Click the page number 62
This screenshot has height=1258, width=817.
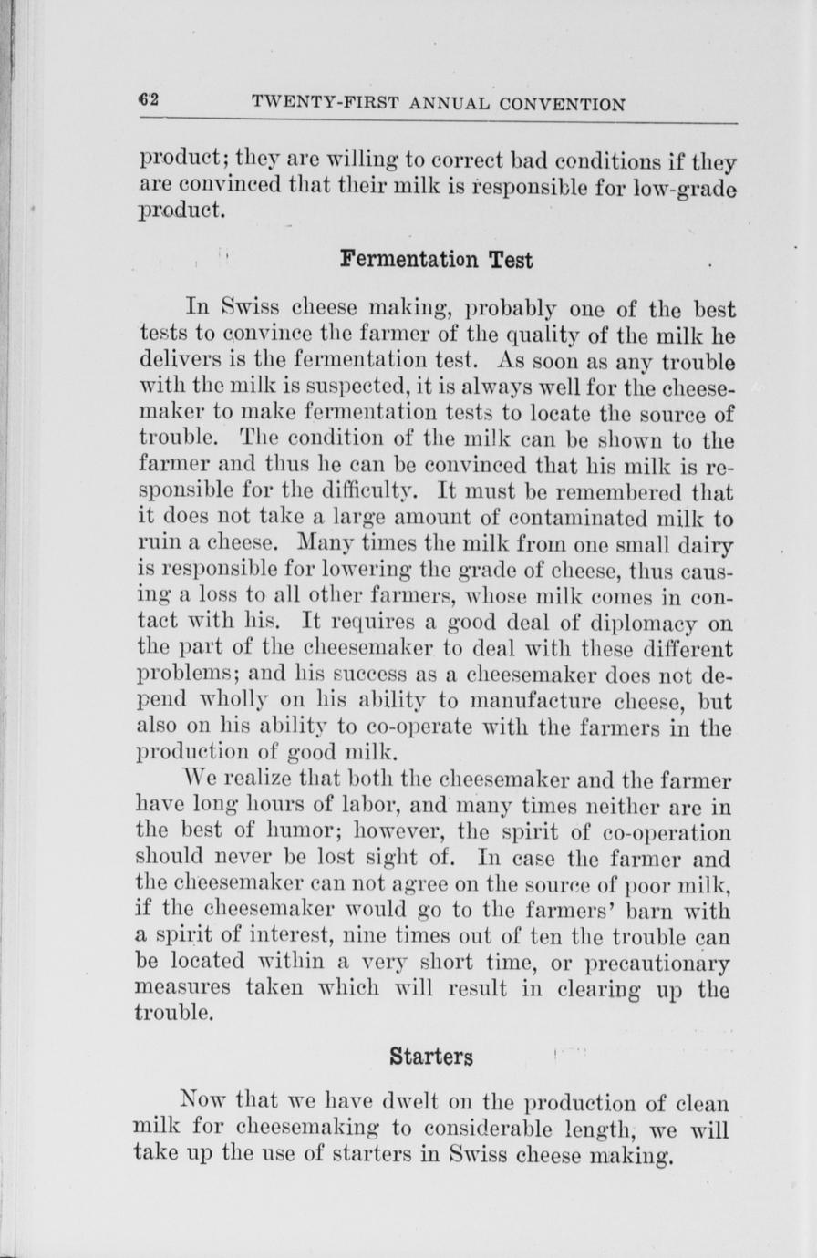click(x=150, y=100)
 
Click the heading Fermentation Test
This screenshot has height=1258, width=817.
click(x=436, y=259)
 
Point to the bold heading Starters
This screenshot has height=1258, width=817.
click(x=431, y=1057)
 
